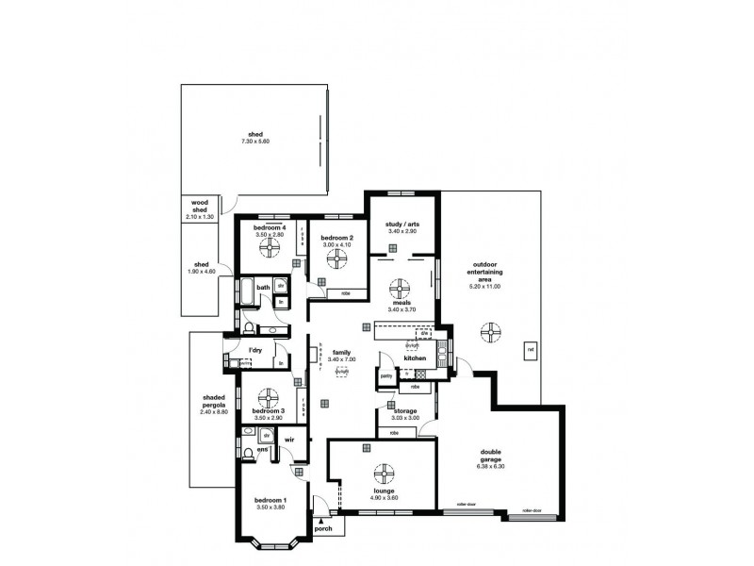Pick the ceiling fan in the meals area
click(x=402, y=287)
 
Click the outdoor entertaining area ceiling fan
click(x=490, y=331)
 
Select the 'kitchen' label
click(x=416, y=359)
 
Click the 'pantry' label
click(x=386, y=375)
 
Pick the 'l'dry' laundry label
click(x=254, y=351)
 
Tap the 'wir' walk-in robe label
click(x=289, y=440)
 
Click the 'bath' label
click(x=264, y=288)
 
